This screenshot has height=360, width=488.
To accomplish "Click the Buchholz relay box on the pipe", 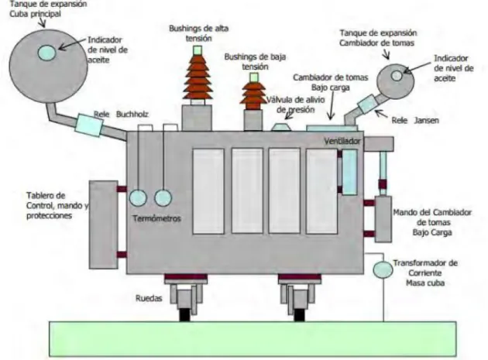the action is (89, 125).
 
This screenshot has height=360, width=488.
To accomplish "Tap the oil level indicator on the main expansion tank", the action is (47, 53).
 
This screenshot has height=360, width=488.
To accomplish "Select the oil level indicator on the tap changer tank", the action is (397, 75).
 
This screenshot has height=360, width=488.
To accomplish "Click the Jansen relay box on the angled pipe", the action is (368, 104).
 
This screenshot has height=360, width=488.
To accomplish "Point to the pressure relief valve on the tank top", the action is (281, 127).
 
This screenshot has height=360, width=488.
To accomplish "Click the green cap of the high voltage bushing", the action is (198, 50).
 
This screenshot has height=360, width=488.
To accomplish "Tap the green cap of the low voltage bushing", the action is (254, 77).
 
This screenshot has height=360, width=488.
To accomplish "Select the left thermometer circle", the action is (138, 198).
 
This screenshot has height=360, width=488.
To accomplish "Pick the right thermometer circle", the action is (163, 198).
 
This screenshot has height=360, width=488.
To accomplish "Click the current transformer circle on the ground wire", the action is (383, 269).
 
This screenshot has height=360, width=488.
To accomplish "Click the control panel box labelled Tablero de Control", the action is (103, 225).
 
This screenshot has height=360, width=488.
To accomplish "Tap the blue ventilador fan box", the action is (349, 172).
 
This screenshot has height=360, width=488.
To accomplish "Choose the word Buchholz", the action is (132, 114).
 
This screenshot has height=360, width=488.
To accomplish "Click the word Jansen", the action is (426, 120).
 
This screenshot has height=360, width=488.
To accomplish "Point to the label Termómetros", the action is (156, 218).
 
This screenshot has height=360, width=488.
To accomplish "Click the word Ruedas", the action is (149, 298).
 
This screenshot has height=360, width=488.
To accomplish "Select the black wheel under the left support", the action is (185, 314).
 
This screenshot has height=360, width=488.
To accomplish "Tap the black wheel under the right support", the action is (299, 314).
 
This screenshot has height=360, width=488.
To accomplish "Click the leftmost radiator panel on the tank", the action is (208, 191).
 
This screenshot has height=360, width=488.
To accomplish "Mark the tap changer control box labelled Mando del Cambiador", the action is (383, 219).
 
